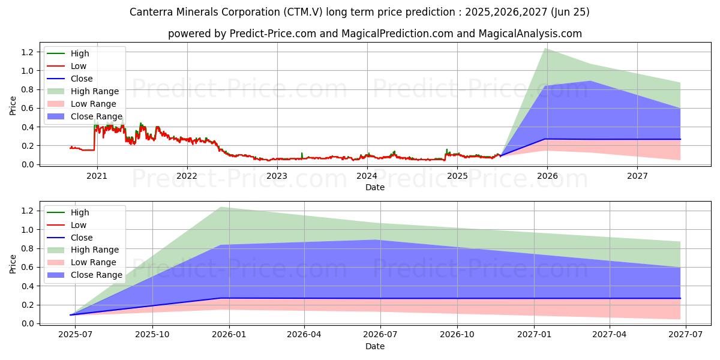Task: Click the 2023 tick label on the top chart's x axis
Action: (277, 176)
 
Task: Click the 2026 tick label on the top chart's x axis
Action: (547, 176)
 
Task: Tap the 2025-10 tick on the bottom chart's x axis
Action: (152, 335)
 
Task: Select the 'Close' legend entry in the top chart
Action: (82, 79)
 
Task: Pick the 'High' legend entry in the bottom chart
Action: (80, 212)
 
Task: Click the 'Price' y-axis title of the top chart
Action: (13, 106)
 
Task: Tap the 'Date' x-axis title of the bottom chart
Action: (375, 346)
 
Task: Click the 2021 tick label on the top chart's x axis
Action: (97, 176)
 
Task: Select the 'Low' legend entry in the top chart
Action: (79, 66)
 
